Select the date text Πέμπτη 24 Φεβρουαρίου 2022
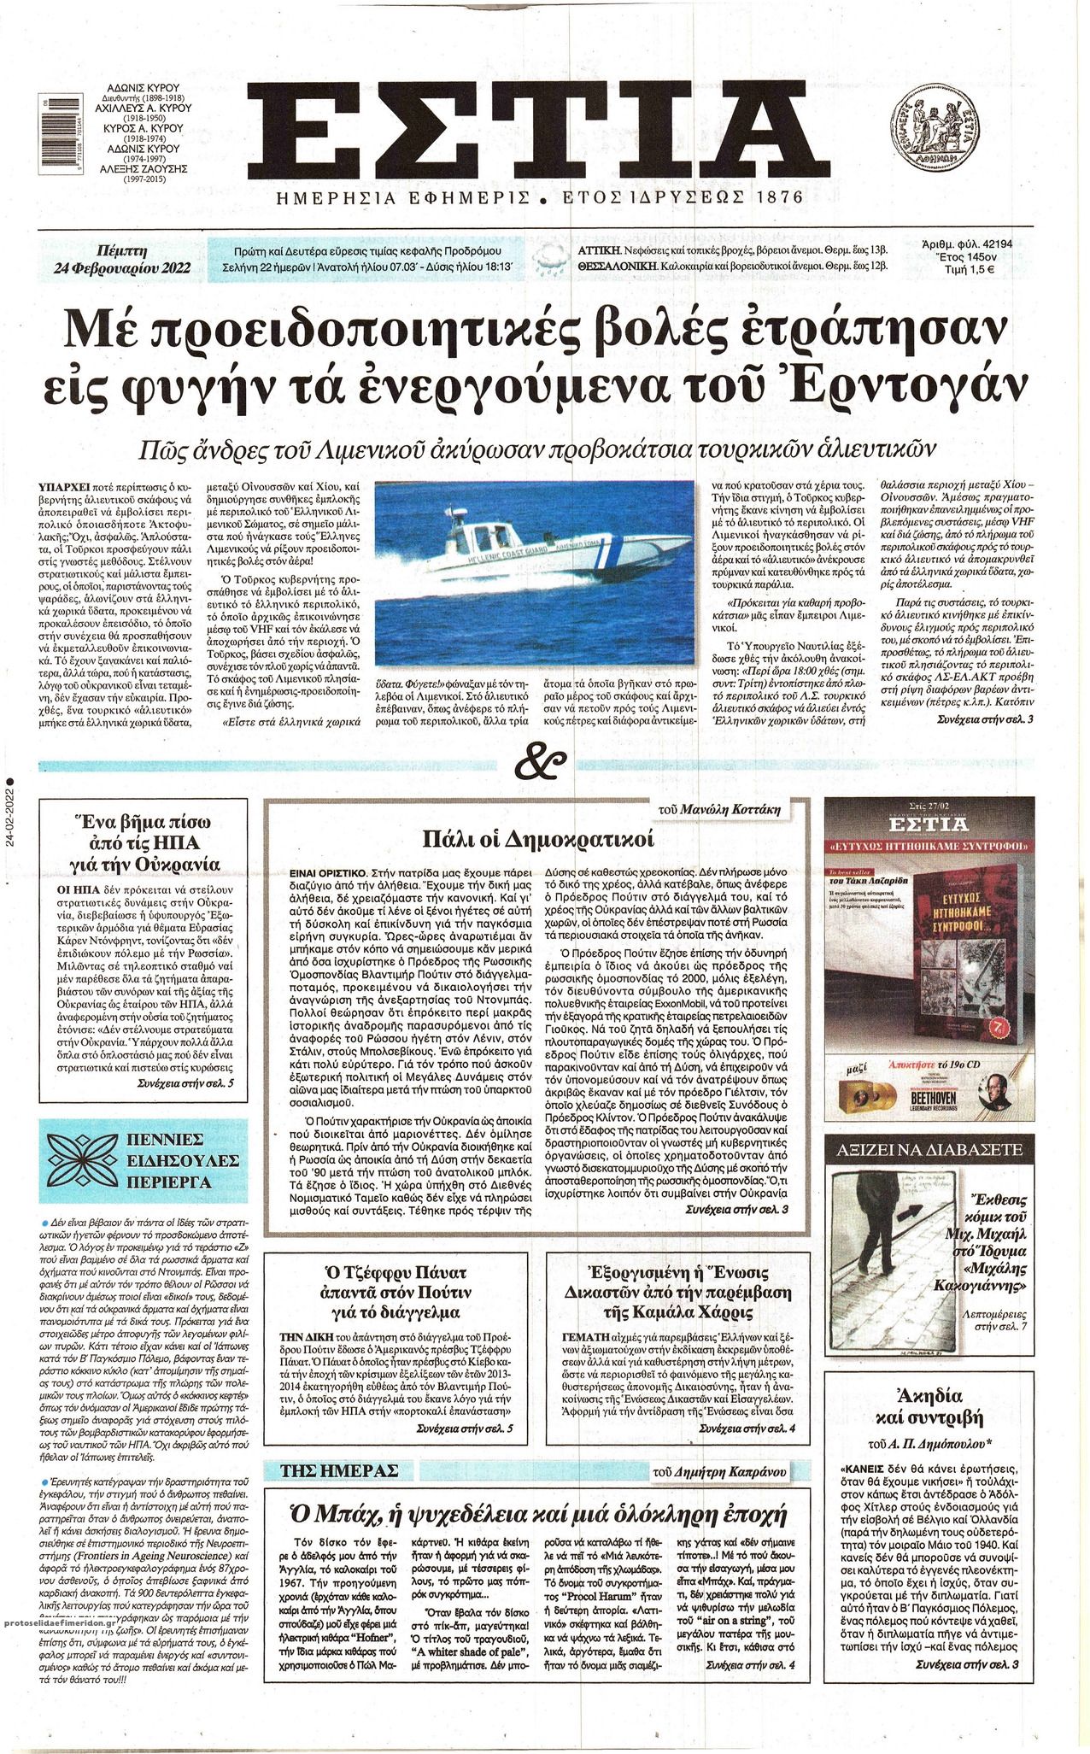122,260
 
